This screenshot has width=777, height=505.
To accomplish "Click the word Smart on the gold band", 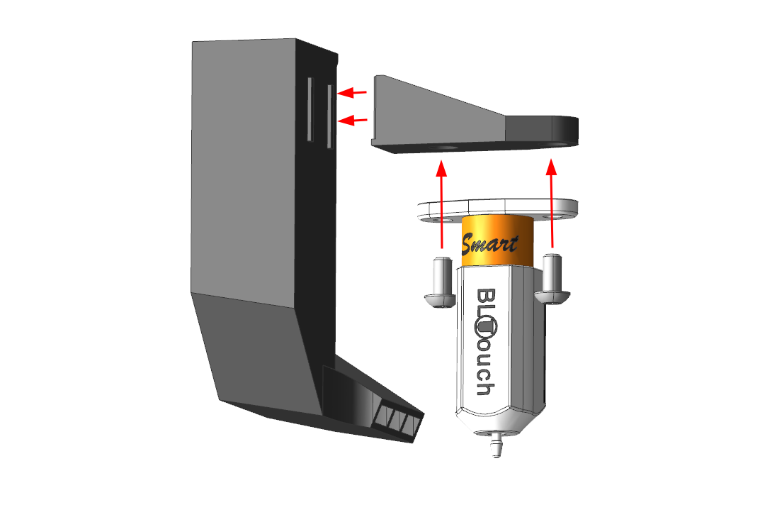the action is point(489,243).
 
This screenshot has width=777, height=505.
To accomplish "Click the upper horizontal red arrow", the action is point(352,92).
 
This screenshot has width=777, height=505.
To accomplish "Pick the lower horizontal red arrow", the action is point(352,120).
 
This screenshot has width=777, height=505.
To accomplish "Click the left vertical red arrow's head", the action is point(441,169).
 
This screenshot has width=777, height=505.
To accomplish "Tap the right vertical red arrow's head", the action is point(551,167).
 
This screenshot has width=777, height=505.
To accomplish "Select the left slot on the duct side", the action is point(310,109).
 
